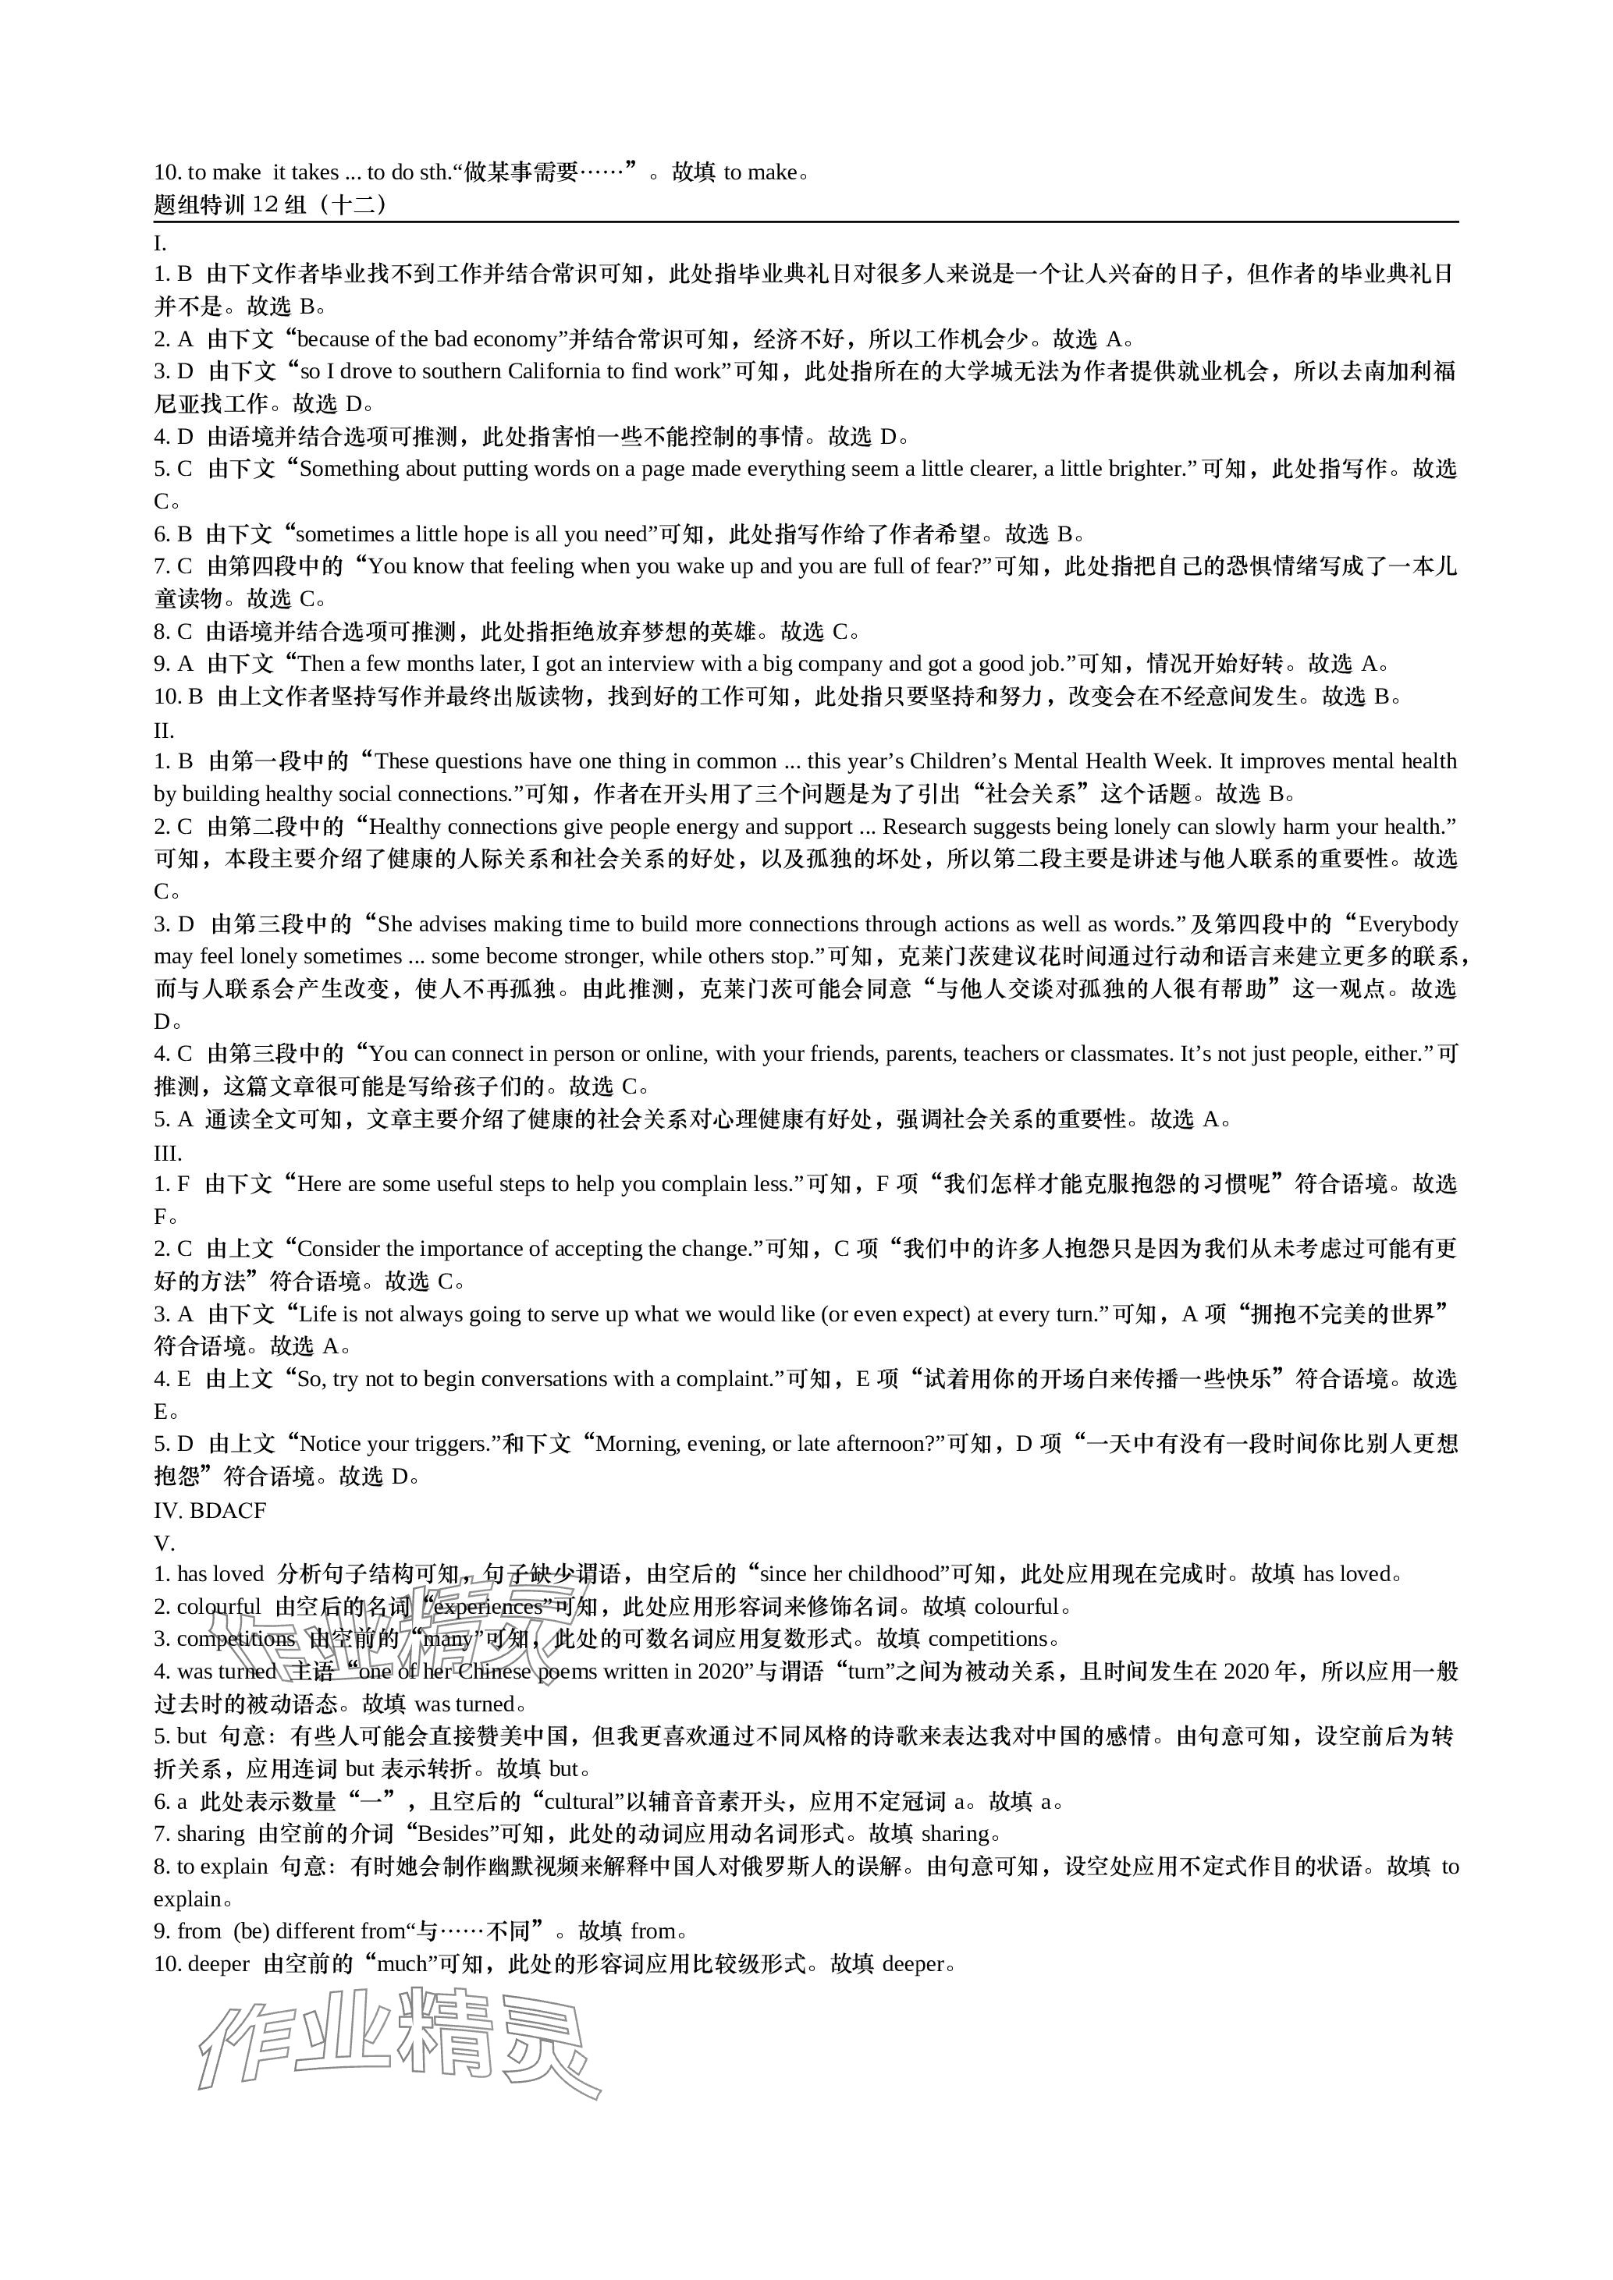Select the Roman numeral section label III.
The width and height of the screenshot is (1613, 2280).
click(167, 1153)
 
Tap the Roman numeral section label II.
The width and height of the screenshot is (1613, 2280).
click(164, 731)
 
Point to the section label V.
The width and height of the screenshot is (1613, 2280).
click(164, 1543)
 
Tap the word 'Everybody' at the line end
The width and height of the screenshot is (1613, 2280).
click(1408, 924)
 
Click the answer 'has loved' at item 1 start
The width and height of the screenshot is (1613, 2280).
click(221, 1574)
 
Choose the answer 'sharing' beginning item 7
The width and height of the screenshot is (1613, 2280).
click(211, 1834)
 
